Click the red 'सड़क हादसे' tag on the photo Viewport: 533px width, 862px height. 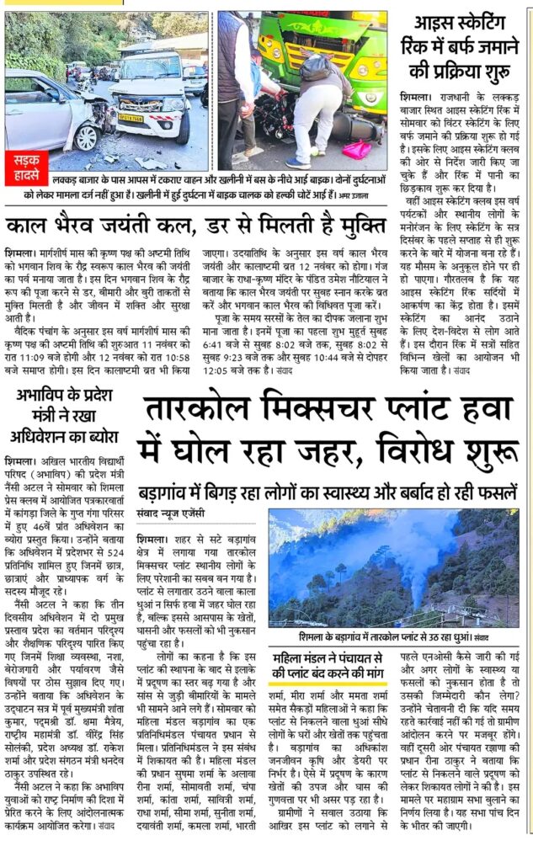[31, 161]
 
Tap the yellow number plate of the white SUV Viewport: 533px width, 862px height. [131, 119]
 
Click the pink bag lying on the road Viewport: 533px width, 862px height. [358, 151]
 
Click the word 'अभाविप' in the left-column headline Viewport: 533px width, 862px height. [43, 395]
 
